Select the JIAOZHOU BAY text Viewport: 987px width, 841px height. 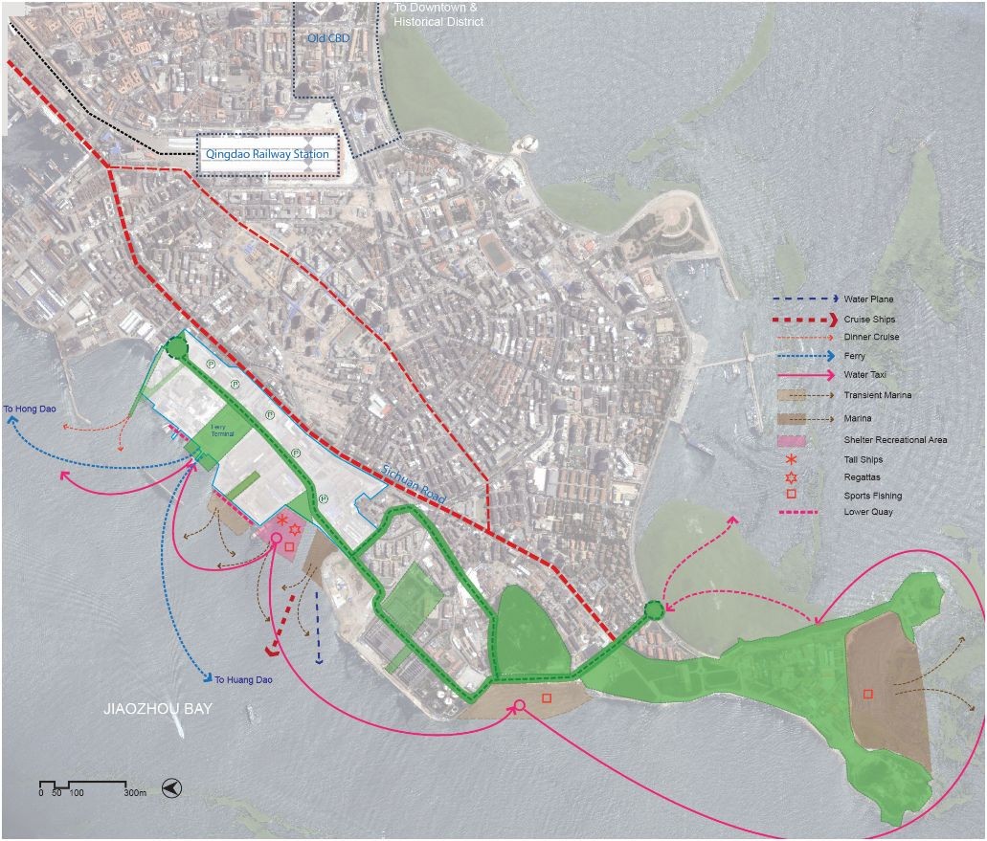pos(158,710)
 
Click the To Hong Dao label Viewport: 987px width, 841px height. pos(30,409)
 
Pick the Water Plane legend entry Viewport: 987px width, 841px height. pos(869,299)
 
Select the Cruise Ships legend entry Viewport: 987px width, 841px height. pos(871,319)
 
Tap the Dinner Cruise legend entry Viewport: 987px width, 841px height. pos(872,337)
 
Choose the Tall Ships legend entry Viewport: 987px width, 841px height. pos(865,459)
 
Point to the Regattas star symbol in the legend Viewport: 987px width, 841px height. pos(790,476)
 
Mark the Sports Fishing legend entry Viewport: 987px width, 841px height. pos(873,496)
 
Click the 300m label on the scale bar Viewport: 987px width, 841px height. pos(135,793)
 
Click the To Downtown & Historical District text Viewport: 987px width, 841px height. pos(439,14)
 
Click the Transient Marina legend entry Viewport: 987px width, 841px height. pos(878,394)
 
